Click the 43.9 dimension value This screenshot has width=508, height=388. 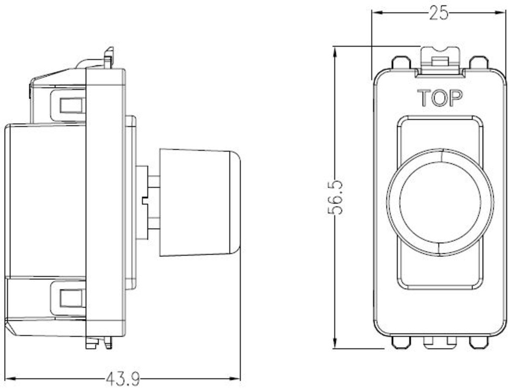pos(122,378)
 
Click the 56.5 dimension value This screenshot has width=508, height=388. pos(336,197)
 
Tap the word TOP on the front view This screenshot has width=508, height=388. pos(440,98)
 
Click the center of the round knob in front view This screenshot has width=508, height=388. pos(440,202)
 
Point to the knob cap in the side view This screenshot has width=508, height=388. pos(199,202)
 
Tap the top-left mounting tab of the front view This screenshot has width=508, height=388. pos(401,62)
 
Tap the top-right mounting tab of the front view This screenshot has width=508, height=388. pos(479,62)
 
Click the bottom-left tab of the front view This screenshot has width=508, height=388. pos(401,342)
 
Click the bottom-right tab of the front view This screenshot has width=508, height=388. pos(479,342)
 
